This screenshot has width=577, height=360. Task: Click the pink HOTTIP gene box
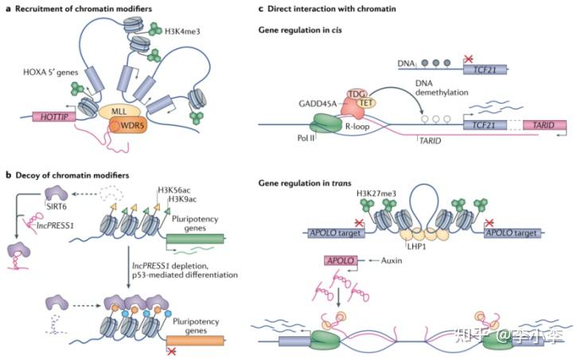[54, 115]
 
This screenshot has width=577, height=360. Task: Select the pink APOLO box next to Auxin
[338, 260]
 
